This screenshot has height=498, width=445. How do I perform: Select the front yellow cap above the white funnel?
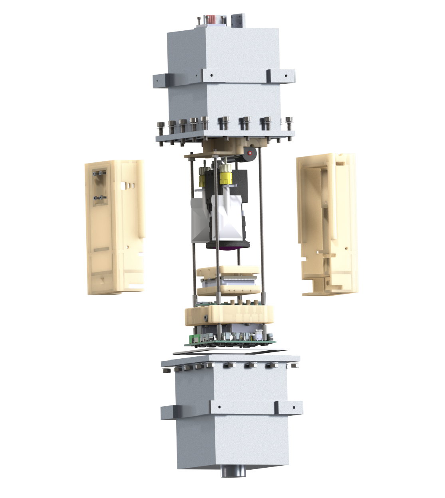(226, 176)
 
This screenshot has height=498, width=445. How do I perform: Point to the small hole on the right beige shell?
(318, 252)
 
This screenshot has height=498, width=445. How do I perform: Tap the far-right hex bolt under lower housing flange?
(294, 365)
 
